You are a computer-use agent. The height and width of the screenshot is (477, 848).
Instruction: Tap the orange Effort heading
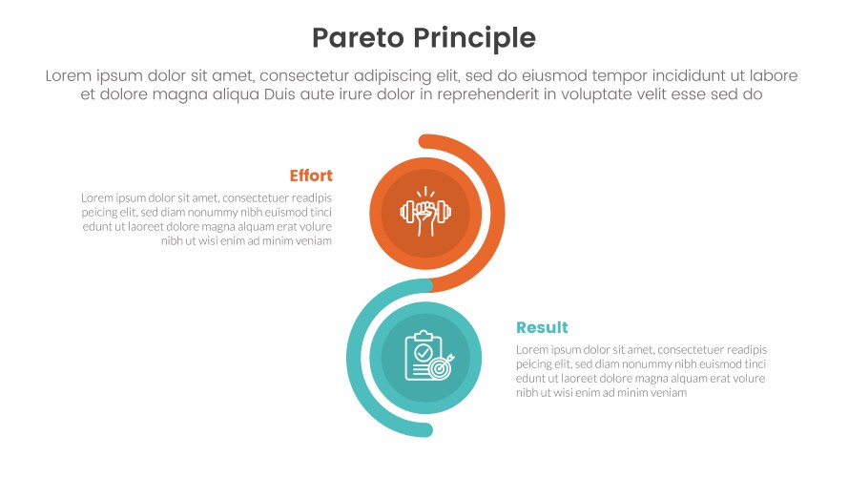(x=311, y=176)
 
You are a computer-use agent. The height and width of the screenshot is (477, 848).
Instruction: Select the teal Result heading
(x=542, y=327)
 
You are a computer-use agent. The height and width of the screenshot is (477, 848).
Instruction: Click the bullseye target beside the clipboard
(x=442, y=365)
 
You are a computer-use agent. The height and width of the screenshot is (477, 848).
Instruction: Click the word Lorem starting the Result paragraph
(x=532, y=350)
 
